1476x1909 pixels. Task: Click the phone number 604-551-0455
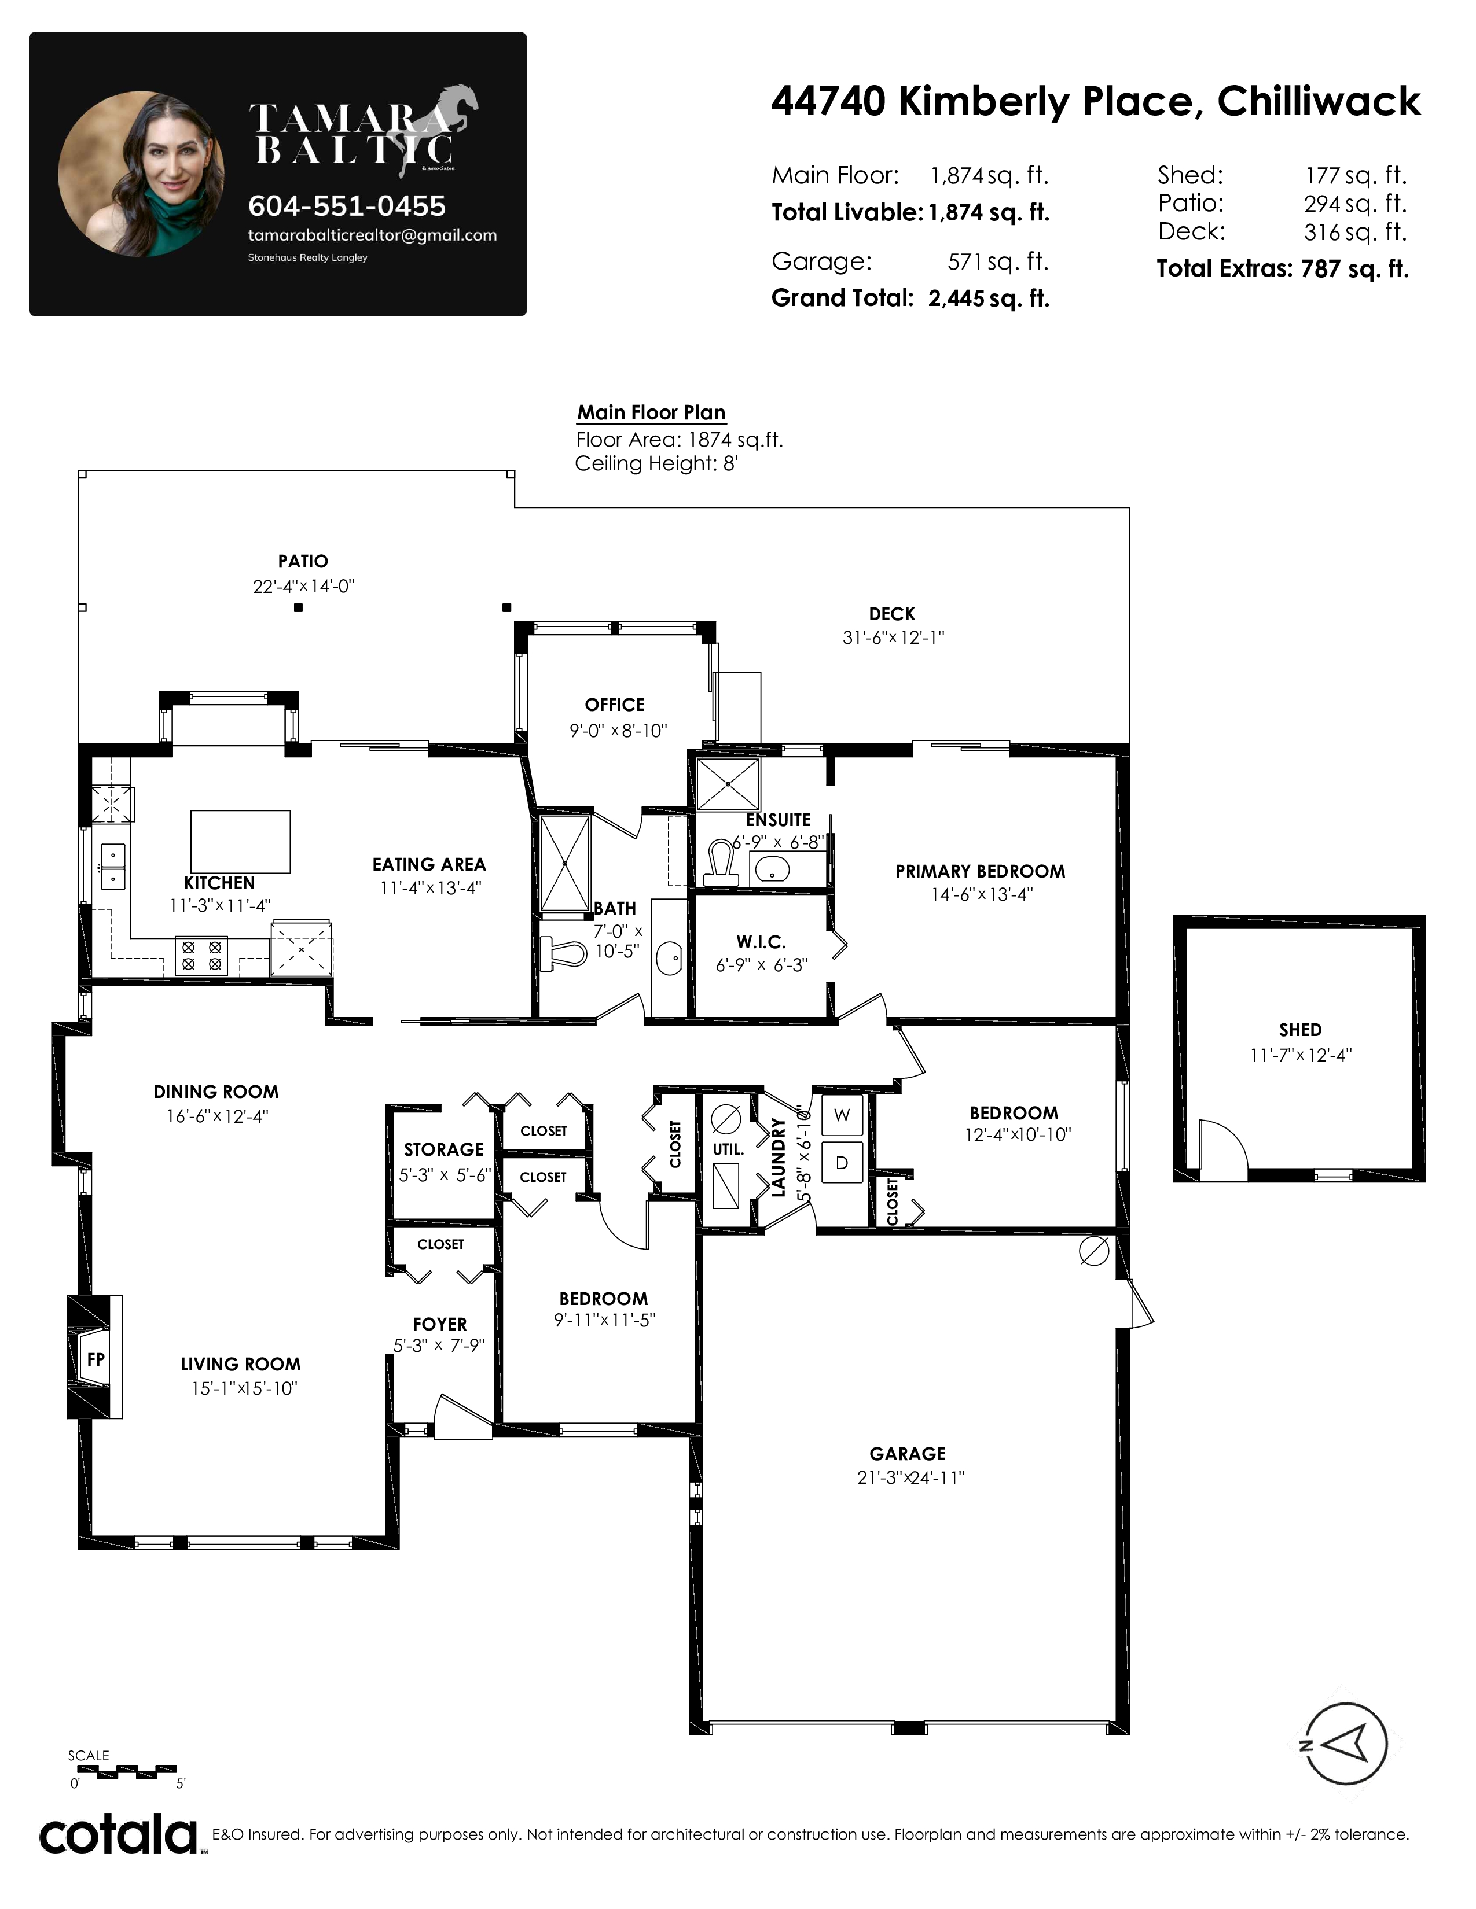pos(347,207)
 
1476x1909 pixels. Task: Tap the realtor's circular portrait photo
pos(142,174)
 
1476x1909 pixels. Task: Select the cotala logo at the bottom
pos(118,1836)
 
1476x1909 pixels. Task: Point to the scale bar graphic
pos(122,1770)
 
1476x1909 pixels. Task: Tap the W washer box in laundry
pos(841,1115)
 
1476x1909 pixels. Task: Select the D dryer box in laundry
pos(841,1163)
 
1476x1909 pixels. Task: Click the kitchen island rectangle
pos(240,842)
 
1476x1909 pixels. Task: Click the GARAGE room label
pos(908,1454)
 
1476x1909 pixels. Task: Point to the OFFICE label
pos(615,705)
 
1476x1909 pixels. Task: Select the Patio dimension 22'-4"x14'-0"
pos(303,587)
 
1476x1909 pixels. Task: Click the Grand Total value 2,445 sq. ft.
pos(988,299)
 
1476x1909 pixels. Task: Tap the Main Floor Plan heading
pos(651,412)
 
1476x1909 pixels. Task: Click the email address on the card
pos(373,235)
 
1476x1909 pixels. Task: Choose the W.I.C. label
pos(761,942)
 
